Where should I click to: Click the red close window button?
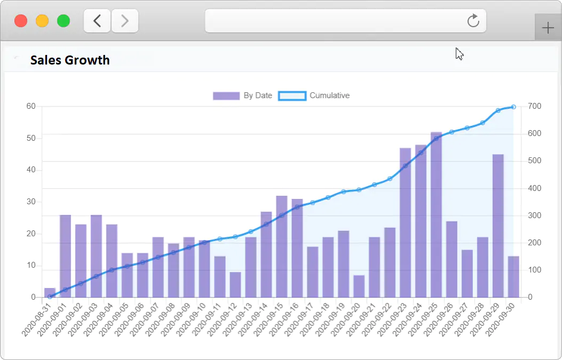tap(21, 21)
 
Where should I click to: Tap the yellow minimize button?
tap(42, 21)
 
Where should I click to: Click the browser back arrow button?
tap(97, 21)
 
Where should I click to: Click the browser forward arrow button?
tap(125, 21)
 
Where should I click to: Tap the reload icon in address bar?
tap(473, 21)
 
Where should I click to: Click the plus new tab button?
tap(548, 28)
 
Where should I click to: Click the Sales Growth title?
tap(70, 60)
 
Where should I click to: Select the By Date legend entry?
tap(243, 96)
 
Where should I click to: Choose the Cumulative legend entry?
tap(315, 96)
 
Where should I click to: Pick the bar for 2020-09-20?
tap(359, 287)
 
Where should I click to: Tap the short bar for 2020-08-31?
tap(50, 293)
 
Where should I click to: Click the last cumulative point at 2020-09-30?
tap(513, 107)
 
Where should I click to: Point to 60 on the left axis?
tap(31, 107)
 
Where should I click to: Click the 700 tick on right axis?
tap(534, 107)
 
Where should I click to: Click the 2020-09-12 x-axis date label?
tap(223, 320)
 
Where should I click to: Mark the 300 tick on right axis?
tap(534, 215)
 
